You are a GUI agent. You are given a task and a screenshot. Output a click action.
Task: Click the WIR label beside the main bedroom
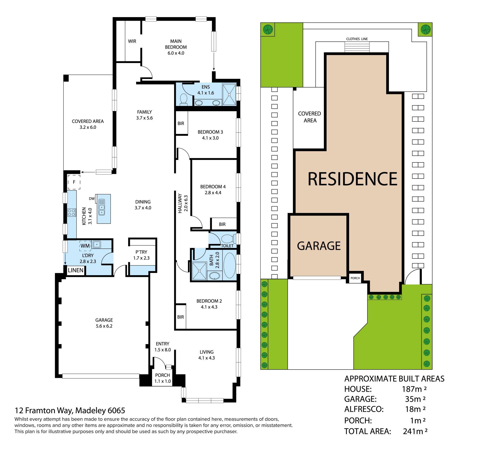click(x=132, y=41)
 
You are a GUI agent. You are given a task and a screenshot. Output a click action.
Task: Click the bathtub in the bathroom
click(x=229, y=265)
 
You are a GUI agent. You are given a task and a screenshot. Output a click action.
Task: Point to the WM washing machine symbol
click(x=85, y=246)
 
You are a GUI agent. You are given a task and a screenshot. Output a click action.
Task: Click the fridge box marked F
click(x=74, y=182)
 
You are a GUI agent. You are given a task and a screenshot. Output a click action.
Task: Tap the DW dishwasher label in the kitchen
click(x=92, y=199)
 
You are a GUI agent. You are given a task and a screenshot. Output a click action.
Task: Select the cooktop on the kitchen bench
click(x=71, y=212)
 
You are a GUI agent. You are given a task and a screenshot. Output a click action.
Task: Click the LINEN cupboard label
click(x=76, y=270)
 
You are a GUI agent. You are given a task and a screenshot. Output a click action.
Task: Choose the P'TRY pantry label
click(x=141, y=252)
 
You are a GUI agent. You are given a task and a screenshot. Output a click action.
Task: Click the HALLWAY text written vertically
click(x=180, y=203)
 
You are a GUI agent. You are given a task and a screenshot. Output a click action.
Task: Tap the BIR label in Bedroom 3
click(x=181, y=123)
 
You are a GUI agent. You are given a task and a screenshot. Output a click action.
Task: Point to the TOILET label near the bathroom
click(x=227, y=246)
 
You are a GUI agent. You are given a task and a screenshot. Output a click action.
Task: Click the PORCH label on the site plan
click(x=355, y=278)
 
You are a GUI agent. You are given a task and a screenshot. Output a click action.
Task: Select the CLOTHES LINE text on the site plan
click(x=357, y=39)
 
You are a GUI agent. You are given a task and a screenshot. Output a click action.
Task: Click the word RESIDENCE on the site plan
click(x=352, y=179)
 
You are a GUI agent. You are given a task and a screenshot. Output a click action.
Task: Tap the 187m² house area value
click(x=414, y=389)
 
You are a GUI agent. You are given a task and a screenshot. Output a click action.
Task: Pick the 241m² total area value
click(x=415, y=431)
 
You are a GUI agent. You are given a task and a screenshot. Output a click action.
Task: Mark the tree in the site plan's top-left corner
click(x=268, y=30)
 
